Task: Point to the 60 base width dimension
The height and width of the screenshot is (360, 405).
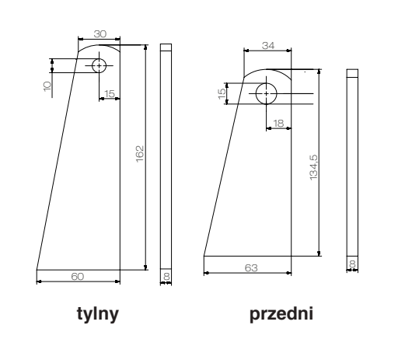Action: coord(78,277)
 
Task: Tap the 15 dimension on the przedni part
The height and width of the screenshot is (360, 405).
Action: coord(222,93)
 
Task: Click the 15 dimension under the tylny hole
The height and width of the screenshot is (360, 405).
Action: coord(110,93)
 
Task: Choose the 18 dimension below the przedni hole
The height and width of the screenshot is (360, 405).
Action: coord(278,123)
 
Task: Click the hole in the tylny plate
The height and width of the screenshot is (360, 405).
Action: coord(99,65)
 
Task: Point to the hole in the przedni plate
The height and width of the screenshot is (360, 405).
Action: coord(266,93)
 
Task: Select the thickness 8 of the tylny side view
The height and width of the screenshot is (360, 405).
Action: coord(165,277)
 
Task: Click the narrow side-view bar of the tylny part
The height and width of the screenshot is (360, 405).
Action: coord(165,156)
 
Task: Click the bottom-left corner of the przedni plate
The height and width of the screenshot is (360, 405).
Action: coord(203,255)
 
